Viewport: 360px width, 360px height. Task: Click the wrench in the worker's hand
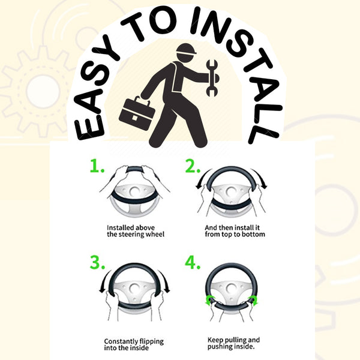212,78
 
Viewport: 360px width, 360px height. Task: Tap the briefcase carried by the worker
137,113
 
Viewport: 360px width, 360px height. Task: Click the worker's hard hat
187,50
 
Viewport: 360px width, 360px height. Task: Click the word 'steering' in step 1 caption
128,235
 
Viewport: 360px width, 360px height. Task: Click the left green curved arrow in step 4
210,301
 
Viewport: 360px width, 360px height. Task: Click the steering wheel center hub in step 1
135,191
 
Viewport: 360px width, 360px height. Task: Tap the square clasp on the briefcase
135,118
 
